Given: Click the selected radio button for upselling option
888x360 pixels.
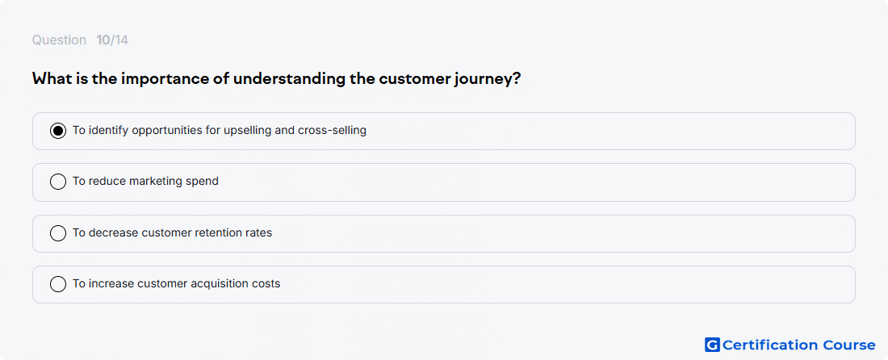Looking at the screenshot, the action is point(58,131).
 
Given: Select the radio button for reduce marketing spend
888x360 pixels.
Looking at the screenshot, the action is point(58,182).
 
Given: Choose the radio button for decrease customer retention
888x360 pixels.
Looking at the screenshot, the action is point(58,232).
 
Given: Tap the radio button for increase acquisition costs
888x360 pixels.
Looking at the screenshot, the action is point(58,283).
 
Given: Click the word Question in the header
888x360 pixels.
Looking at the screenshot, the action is point(59,40).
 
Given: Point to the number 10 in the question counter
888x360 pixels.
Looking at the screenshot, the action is point(103,40).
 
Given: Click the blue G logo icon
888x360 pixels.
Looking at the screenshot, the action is point(712,345).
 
